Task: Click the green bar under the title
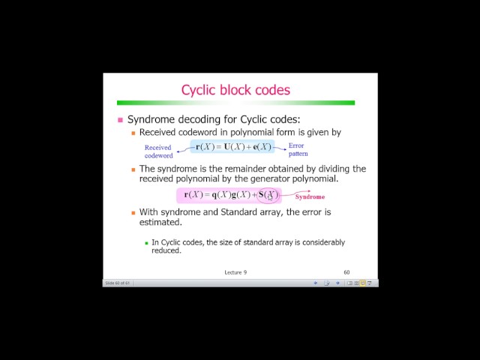(x=235, y=102)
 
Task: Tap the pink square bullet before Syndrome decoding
(x=120, y=120)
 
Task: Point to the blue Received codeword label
(x=158, y=151)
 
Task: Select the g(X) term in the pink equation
(x=242, y=195)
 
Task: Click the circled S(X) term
(x=268, y=195)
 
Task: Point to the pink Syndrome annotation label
(x=310, y=196)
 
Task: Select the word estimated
(x=160, y=222)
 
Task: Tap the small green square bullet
(x=147, y=242)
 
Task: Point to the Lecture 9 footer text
(x=235, y=272)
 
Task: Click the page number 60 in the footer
(x=346, y=272)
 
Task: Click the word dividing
(x=331, y=169)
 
